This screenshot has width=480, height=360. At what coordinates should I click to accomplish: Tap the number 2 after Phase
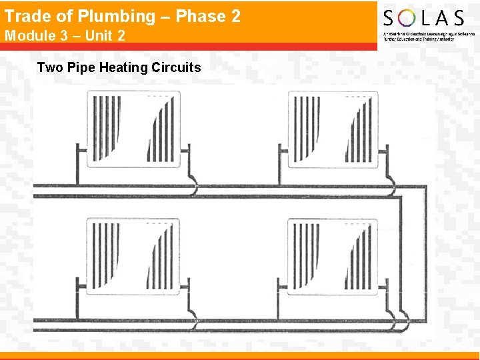coord(235,16)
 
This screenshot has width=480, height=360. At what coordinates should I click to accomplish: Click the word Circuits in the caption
coord(176,67)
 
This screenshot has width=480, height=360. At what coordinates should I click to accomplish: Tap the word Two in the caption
coord(49,67)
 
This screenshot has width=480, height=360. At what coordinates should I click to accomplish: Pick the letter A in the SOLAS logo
coord(441,18)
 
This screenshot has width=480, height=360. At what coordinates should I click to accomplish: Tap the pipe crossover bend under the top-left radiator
coord(193,187)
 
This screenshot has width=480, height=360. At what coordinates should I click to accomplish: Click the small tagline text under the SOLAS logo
coord(419,37)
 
